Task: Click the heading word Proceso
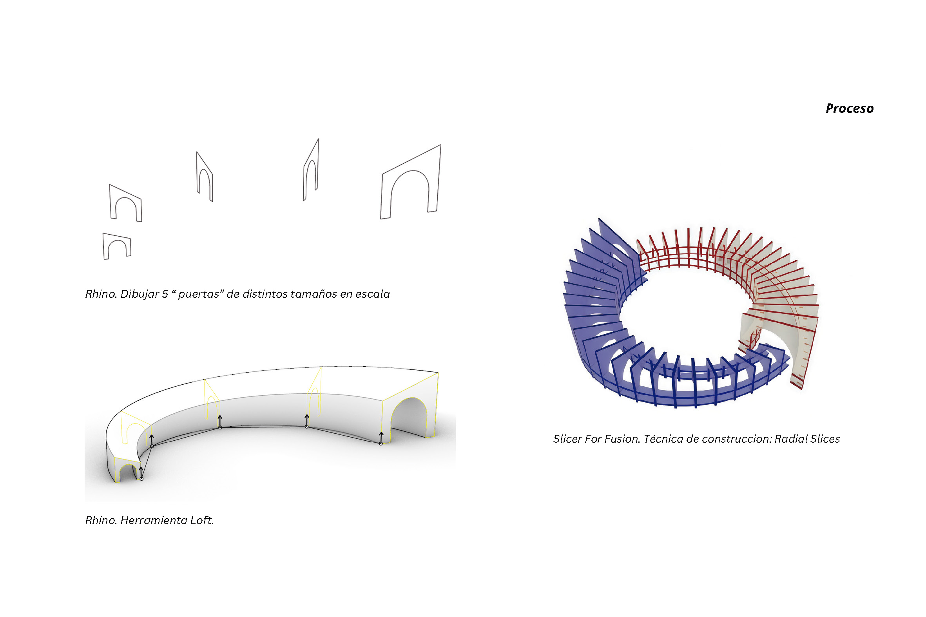(849, 108)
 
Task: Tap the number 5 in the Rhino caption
(165, 294)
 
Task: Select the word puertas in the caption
(199, 295)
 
